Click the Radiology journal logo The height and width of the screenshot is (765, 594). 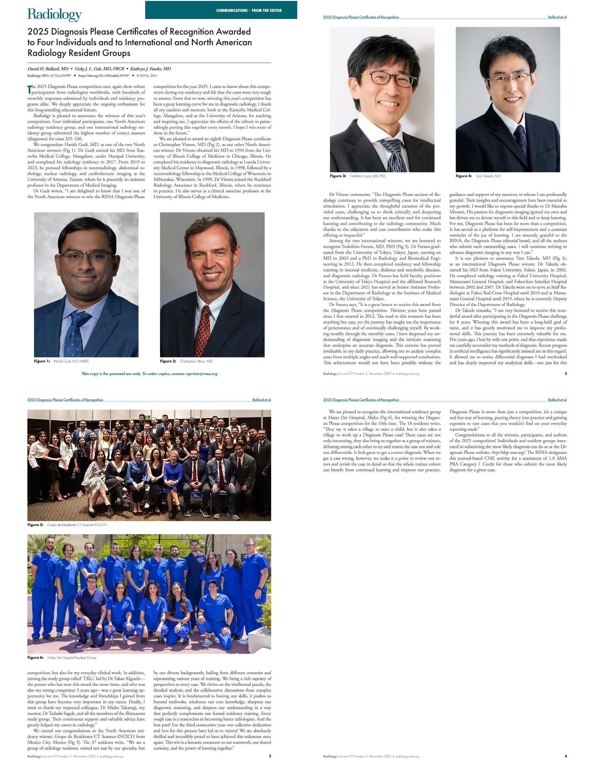55,15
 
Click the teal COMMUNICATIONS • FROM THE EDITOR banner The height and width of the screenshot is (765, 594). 221,10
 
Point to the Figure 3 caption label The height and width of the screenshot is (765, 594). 338,176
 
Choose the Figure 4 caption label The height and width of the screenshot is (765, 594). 464,176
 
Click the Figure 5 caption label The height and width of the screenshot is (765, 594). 35,525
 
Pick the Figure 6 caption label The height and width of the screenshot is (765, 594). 35,657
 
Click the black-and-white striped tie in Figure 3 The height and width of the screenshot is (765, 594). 391,154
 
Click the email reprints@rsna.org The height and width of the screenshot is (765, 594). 201,374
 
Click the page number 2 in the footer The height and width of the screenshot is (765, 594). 566,374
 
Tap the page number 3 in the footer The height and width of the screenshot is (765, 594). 270,756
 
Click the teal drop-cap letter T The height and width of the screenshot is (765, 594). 29,89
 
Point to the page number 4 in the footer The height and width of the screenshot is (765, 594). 565,756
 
